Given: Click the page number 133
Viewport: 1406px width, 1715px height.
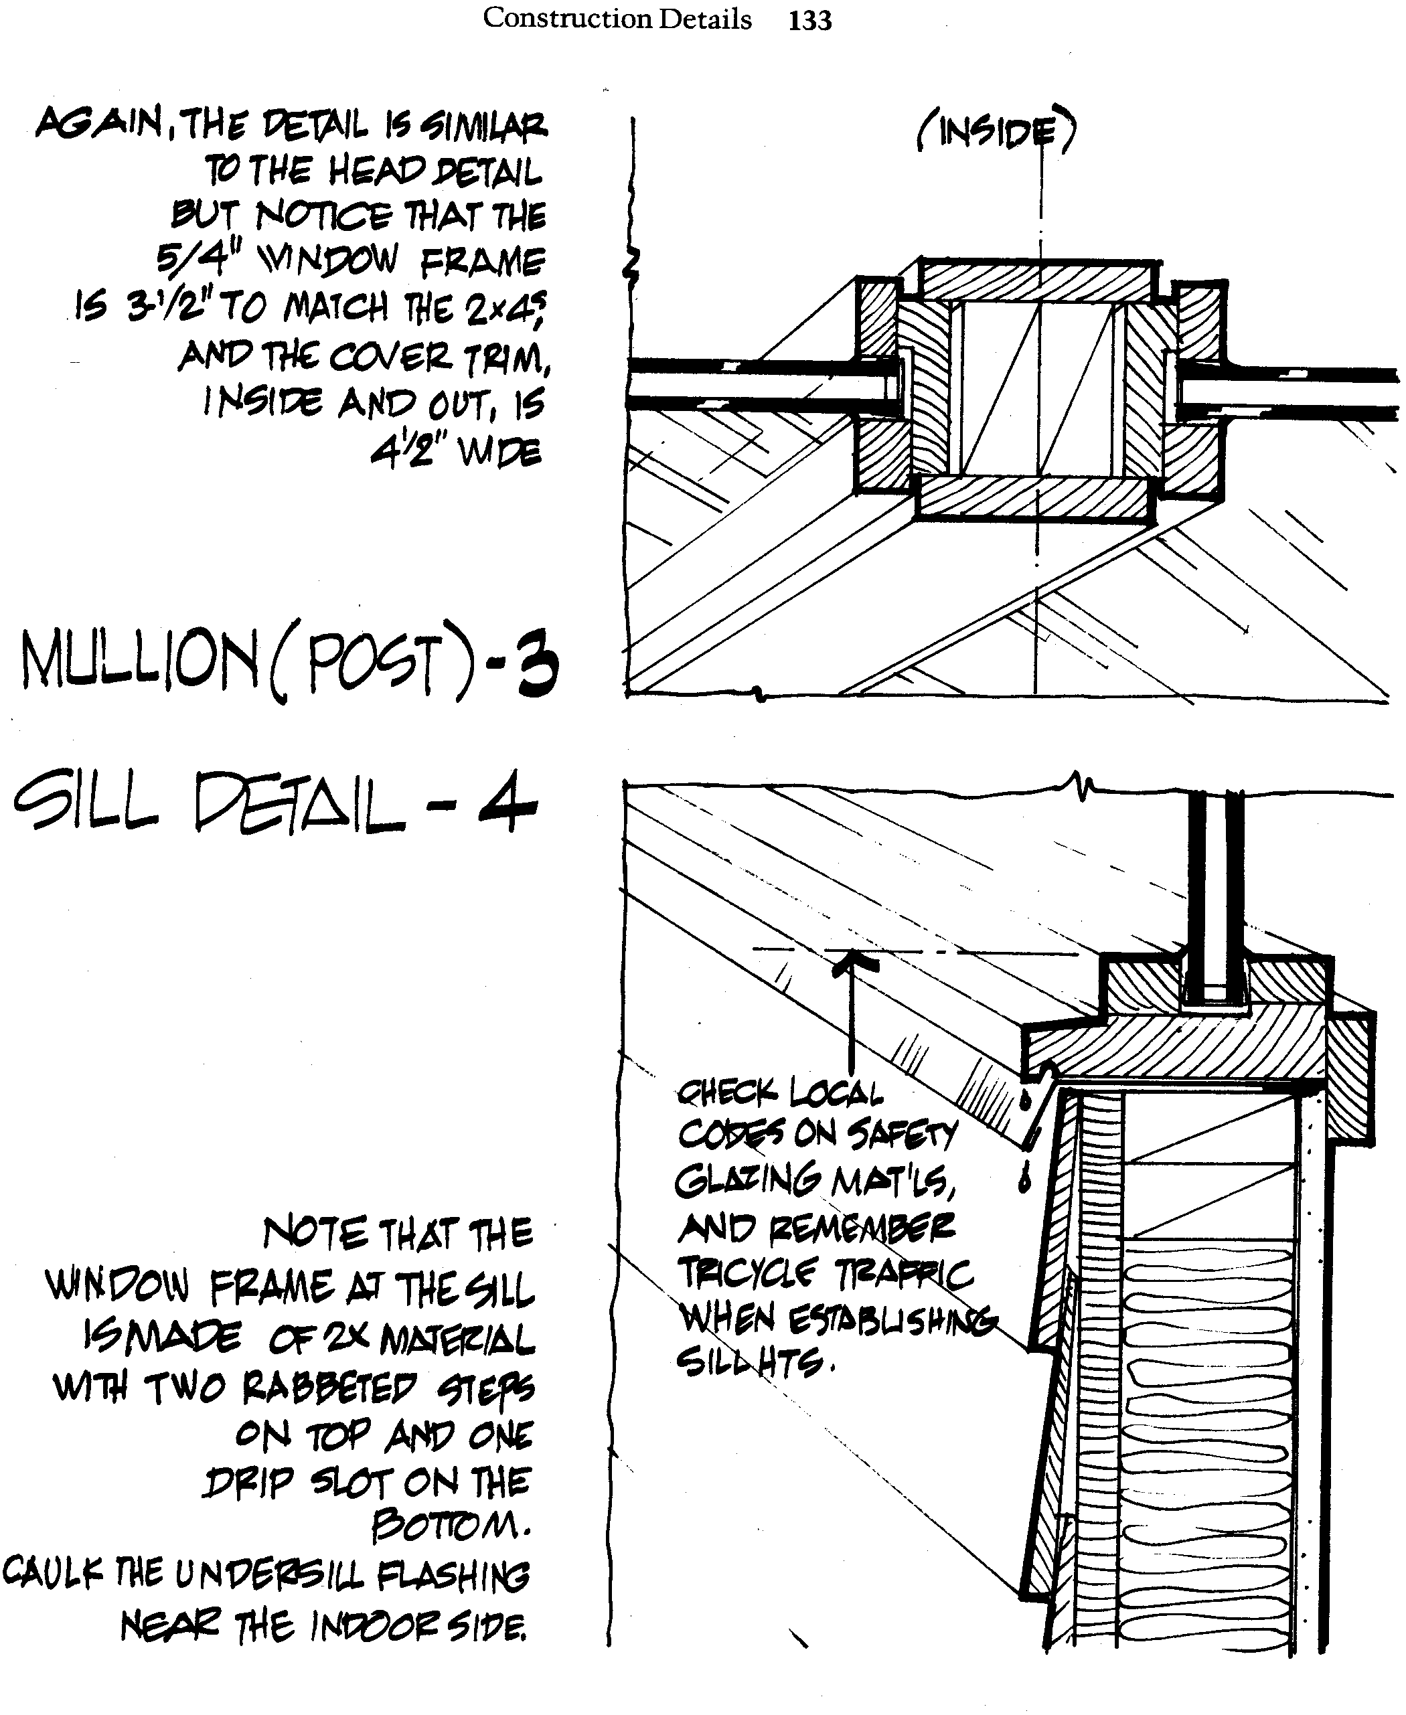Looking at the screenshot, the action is (x=810, y=19).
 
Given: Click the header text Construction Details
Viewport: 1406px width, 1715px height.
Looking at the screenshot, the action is (x=617, y=19).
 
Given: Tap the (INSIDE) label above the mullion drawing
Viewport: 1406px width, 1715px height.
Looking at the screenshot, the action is (x=996, y=132).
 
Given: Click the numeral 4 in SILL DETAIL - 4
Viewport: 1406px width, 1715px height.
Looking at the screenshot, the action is (x=507, y=804).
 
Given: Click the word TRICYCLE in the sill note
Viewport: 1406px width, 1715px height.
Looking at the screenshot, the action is (x=745, y=1274).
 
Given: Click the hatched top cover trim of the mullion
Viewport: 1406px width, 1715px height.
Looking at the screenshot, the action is (x=1036, y=279).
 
